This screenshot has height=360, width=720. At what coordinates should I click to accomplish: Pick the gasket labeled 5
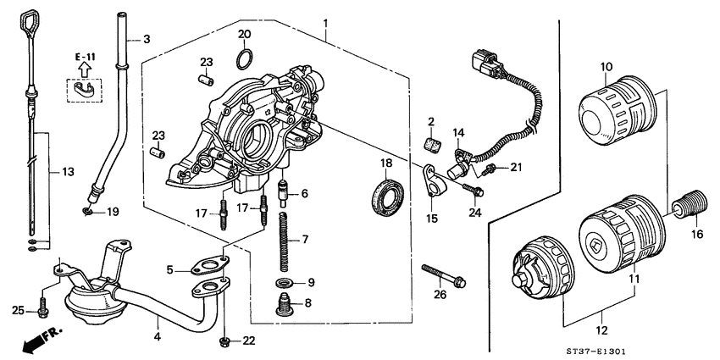tap(207, 270)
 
